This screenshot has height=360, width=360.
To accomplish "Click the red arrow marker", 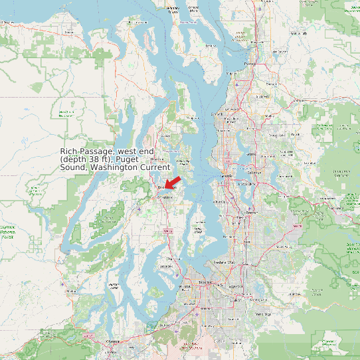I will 173,181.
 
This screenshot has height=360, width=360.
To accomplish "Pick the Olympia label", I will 112,341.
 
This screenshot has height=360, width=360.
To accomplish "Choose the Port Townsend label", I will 172,9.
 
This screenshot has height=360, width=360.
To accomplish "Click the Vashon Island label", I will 198,230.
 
